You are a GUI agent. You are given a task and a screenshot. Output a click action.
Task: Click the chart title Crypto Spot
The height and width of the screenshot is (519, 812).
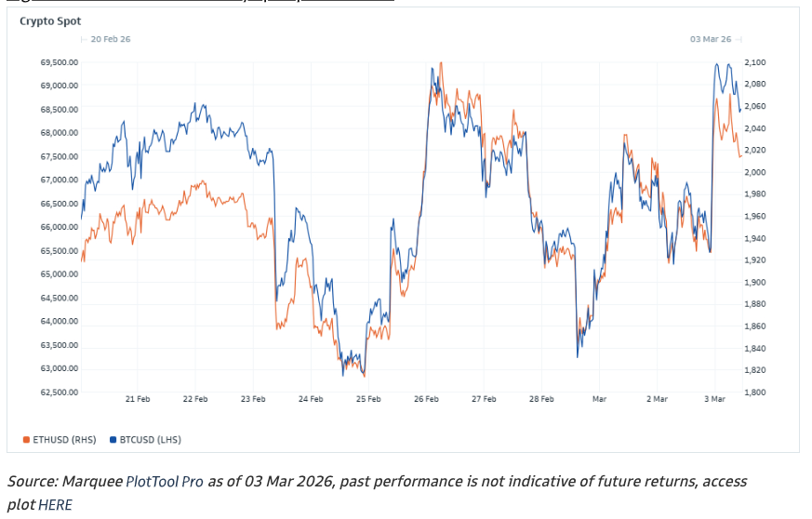(50, 20)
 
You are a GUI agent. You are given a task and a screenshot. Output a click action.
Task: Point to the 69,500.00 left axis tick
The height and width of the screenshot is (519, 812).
(60, 62)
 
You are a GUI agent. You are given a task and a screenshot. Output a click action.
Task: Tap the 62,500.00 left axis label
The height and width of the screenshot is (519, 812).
(60, 393)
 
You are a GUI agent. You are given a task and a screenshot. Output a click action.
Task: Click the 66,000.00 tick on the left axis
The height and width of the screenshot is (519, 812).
(60, 227)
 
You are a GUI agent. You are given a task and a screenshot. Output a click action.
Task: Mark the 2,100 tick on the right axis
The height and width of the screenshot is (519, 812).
(755, 62)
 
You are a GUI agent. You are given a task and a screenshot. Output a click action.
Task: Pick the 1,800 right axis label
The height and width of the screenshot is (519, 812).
(755, 393)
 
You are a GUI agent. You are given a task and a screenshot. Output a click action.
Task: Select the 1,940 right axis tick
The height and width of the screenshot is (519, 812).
(755, 238)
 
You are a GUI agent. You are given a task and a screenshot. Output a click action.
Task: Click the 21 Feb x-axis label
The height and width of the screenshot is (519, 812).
(138, 399)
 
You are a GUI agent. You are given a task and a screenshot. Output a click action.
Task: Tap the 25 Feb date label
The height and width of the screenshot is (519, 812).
(368, 399)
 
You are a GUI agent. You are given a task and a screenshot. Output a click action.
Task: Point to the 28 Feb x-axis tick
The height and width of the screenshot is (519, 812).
(541, 399)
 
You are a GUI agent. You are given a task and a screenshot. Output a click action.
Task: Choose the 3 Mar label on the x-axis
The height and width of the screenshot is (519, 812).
(714, 399)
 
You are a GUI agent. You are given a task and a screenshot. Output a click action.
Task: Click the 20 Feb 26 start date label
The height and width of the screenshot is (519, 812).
(110, 39)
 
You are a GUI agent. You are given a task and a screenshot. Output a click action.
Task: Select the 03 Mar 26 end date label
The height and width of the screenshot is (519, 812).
(711, 39)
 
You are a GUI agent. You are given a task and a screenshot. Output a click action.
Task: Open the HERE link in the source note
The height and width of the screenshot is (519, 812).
(55, 505)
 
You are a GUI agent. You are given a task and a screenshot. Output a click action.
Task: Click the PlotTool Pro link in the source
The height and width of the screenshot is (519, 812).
(165, 482)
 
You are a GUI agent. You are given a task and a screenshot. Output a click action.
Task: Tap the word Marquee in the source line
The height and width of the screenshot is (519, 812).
(92, 482)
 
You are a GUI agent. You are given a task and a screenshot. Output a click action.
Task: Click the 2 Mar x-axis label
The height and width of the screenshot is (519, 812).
(657, 399)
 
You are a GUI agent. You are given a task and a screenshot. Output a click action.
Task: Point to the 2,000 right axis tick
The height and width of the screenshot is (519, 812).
(755, 172)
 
